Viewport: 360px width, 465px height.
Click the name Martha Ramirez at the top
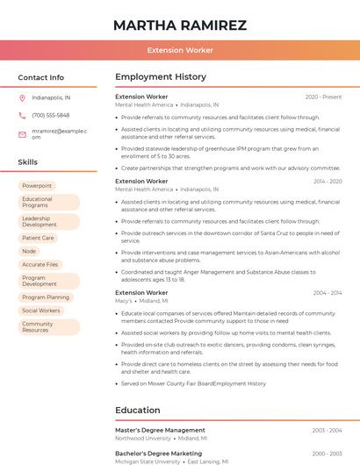pyautogui.click(x=180, y=25)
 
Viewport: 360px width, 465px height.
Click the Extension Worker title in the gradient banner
pyautogui.click(x=180, y=51)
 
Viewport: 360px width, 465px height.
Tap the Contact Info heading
pyautogui.click(x=40, y=77)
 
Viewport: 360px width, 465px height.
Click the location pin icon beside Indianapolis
pyautogui.click(x=22, y=97)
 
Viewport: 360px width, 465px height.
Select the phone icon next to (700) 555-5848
pyautogui.click(x=22, y=115)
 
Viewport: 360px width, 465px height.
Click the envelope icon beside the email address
pyautogui.click(x=22, y=133)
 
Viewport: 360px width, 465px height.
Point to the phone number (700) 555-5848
pyautogui.click(x=51, y=115)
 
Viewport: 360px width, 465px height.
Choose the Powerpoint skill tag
pyautogui.click(x=37, y=186)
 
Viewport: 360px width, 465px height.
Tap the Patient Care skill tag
pyautogui.click(x=38, y=238)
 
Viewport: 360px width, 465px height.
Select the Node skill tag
pyautogui.click(x=29, y=251)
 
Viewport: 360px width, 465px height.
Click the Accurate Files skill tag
pyautogui.click(x=40, y=264)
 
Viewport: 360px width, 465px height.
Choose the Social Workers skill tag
pyautogui.click(x=41, y=311)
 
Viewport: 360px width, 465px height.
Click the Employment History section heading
pyautogui.click(x=161, y=77)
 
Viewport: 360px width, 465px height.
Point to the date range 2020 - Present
pyautogui.click(x=323, y=97)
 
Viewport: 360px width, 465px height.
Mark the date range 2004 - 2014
pyautogui.click(x=328, y=293)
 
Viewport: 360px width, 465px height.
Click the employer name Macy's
pyautogui.click(x=124, y=301)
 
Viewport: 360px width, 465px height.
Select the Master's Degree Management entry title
pyautogui.click(x=160, y=430)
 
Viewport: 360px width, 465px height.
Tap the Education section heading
pyautogui.click(x=138, y=410)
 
